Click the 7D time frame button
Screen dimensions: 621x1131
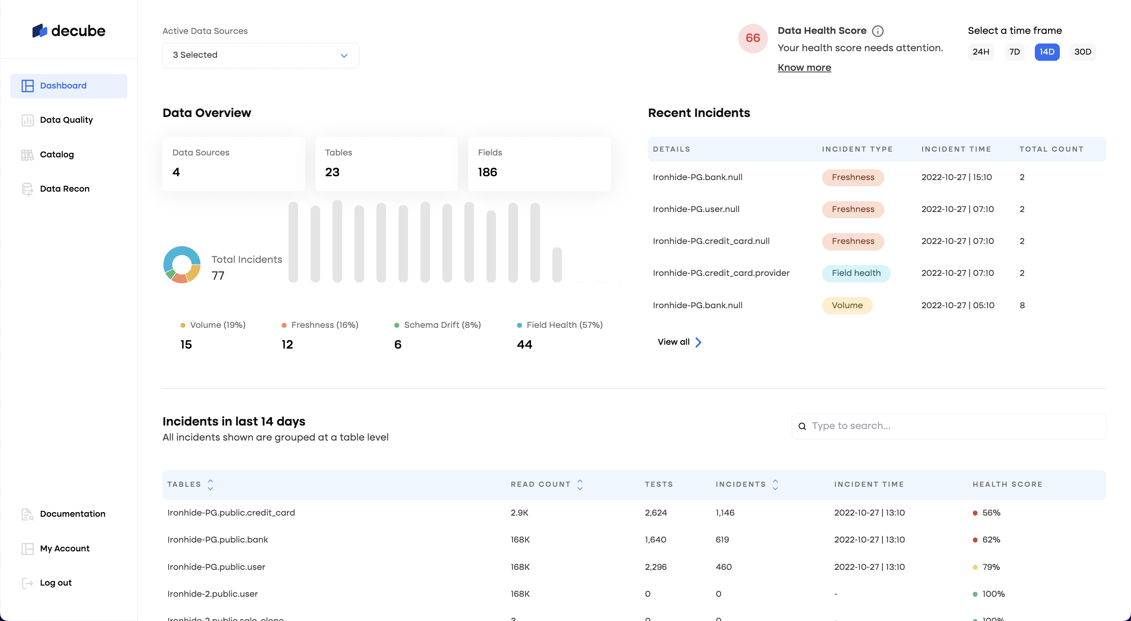tap(1014, 52)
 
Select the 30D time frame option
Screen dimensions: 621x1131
tap(1082, 52)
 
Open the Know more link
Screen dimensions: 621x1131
tap(804, 68)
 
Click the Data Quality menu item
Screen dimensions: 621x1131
tap(66, 120)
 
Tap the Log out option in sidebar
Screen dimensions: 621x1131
tap(55, 583)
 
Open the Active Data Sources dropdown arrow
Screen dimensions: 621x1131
tap(344, 56)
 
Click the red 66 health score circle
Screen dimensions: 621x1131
tap(752, 38)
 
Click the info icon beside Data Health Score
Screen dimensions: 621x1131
tap(877, 31)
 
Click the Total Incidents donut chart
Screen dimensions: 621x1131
tap(182, 264)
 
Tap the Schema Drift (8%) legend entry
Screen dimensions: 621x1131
tap(437, 325)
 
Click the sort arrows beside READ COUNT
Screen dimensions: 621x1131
tap(580, 484)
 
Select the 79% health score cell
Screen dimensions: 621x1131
tap(991, 567)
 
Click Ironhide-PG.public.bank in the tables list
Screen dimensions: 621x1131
tap(217, 540)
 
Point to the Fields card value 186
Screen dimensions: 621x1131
tap(487, 172)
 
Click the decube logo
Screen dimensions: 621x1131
tap(69, 31)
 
